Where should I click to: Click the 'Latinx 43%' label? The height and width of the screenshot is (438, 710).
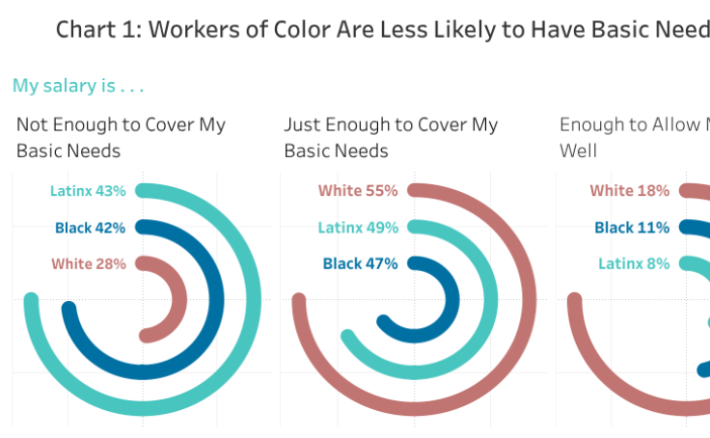click(88, 191)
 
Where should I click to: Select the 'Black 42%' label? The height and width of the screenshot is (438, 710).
click(91, 228)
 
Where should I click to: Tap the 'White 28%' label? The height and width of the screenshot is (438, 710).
click(89, 264)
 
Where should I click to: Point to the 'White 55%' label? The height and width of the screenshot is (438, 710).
click(357, 191)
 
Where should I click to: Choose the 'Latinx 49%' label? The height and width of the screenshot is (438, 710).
click(357, 228)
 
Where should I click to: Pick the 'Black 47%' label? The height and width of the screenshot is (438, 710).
click(360, 264)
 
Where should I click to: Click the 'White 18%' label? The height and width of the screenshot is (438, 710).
click(629, 191)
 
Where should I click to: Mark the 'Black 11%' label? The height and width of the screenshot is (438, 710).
click(632, 228)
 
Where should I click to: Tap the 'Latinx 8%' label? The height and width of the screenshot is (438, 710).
click(634, 264)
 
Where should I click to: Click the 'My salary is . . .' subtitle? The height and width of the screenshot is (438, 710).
click(78, 86)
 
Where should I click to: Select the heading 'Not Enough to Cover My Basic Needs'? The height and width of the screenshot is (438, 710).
click(121, 138)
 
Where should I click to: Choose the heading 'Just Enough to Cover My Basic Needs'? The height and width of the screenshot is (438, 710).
click(391, 138)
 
